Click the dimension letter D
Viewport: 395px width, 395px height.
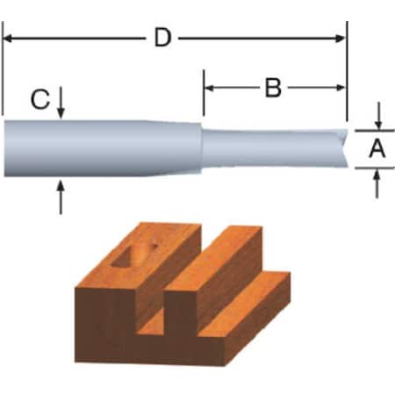pos(161,38)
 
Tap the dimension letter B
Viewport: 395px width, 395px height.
pos(272,88)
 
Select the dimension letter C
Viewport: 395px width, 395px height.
pos(39,100)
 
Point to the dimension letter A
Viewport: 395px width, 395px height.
pos(377,149)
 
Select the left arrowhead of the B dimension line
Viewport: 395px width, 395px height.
pos(210,88)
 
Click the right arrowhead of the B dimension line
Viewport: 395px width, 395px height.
pos(341,88)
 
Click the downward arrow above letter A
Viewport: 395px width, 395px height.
pos(377,119)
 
